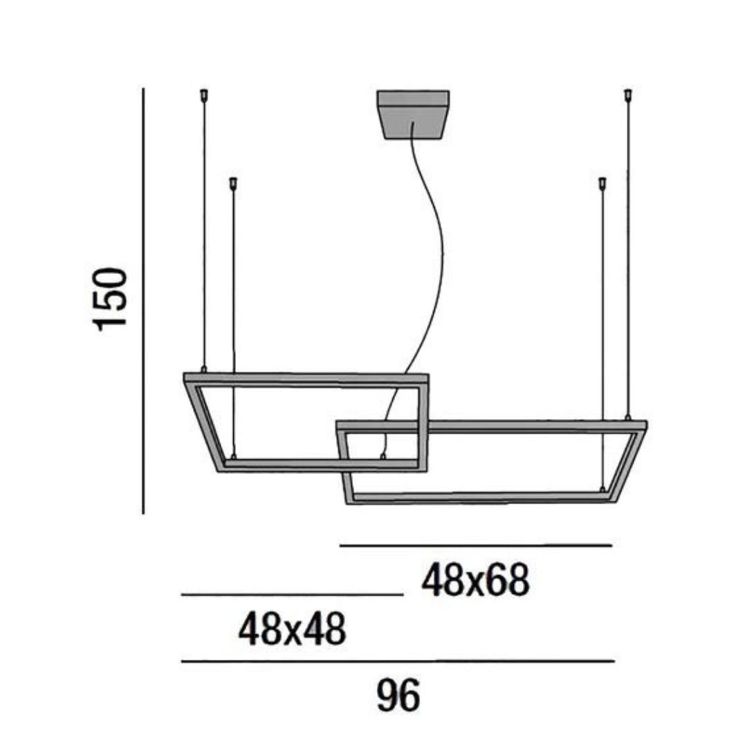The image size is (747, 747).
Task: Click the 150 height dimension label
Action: point(111,298)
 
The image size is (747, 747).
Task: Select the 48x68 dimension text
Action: point(475,580)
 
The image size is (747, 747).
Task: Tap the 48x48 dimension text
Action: point(291,630)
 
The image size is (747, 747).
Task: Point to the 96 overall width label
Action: point(398,696)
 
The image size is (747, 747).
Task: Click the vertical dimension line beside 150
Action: point(143,301)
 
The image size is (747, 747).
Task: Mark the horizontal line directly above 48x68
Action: point(476,546)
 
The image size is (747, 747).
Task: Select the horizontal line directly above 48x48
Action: point(291,594)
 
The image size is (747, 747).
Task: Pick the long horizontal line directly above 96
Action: point(398,661)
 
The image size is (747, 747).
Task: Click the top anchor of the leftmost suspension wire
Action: point(203,94)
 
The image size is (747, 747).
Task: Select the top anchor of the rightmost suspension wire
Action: point(628,94)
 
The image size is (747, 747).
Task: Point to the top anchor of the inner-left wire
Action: point(233,183)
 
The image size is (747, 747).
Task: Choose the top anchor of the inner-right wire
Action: point(602,183)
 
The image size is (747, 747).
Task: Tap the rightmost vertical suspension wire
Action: point(628,256)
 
